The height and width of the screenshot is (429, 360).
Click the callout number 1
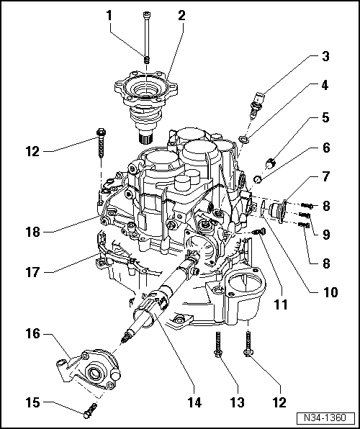109,16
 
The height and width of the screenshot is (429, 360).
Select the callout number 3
325,56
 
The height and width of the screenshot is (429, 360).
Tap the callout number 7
325,176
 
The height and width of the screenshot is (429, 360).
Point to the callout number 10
330,292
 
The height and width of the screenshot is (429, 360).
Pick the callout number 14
194,403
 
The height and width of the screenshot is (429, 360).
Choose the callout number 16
33,334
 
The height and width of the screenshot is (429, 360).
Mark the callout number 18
33,232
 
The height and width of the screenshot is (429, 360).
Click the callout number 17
33,273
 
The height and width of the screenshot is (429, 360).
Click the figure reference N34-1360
325,418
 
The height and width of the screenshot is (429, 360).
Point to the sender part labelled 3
257,105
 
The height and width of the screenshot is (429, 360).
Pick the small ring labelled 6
258,179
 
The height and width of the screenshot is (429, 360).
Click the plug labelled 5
270,163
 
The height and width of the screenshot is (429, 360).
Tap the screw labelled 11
259,232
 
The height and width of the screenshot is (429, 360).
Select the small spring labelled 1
147,60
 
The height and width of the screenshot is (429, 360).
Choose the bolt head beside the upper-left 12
101,132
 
